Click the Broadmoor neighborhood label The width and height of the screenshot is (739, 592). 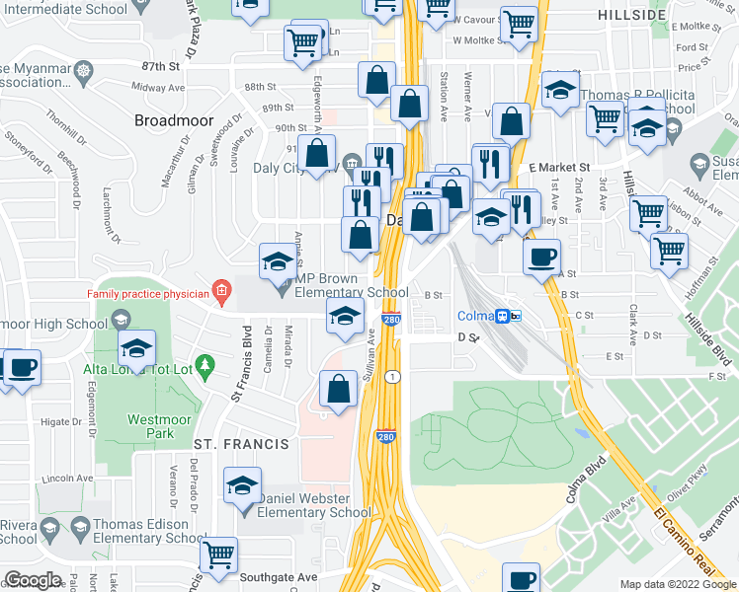pos(174,120)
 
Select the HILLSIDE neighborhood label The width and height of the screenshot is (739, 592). pos(631,15)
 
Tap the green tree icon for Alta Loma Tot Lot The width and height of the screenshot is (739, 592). pos(205,367)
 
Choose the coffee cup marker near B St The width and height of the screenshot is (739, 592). pos(540,259)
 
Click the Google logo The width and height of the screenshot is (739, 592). pos(33,580)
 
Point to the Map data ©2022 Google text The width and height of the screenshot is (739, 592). pos(677,584)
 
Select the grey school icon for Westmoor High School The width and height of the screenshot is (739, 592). pos(121,319)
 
